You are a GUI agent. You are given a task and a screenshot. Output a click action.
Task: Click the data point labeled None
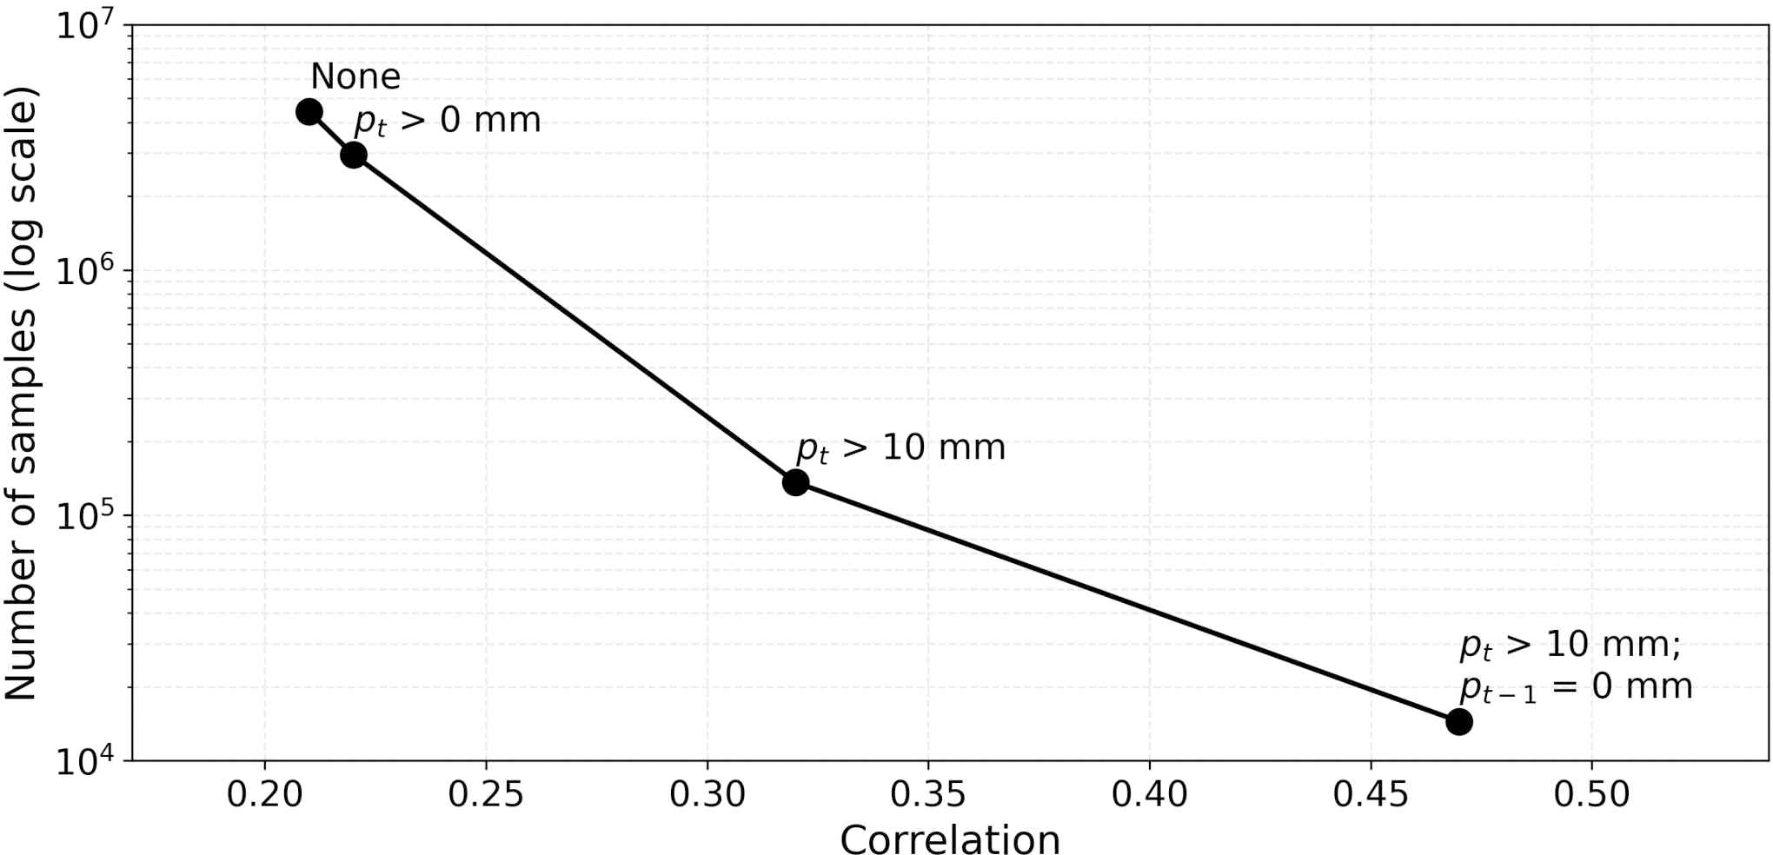[309, 112]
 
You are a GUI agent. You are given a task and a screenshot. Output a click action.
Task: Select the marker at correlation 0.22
[354, 156]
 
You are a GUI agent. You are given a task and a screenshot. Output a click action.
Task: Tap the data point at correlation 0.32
[795, 482]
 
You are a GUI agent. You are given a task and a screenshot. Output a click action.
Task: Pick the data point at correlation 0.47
[1459, 721]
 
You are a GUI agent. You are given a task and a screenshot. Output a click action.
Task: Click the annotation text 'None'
[355, 76]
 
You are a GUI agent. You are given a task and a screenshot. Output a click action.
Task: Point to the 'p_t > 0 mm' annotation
[448, 121]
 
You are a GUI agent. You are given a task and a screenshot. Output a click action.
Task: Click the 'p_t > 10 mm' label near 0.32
[901, 448]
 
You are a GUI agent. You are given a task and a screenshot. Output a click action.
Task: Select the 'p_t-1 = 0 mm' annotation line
[1577, 687]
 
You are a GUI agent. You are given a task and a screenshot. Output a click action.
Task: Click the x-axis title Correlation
[950, 838]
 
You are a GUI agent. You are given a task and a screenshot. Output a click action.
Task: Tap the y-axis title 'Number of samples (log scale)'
[21, 393]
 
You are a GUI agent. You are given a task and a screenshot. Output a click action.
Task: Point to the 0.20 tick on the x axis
[264, 794]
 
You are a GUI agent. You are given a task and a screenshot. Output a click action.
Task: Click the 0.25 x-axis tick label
[486, 794]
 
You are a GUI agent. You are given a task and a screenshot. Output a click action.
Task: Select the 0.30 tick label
[707, 794]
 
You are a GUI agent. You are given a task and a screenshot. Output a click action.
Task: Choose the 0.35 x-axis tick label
[928, 794]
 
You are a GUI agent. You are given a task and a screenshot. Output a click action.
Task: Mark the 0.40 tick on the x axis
[1149, 794]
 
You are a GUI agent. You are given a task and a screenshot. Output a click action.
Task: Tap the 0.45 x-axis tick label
[1371, 794]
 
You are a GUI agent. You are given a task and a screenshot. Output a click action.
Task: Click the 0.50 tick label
[1591, 794]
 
